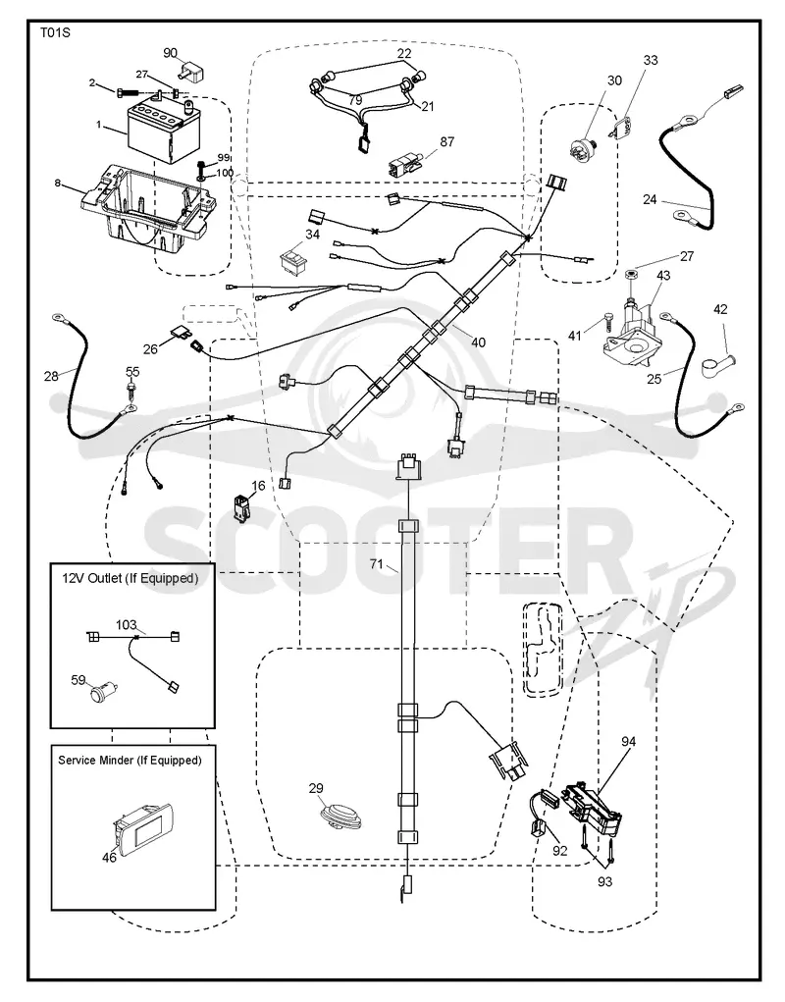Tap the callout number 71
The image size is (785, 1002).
pyautogui.click(x=377, y=564)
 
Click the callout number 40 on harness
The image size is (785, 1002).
pyautogui.click(x=478, y=343)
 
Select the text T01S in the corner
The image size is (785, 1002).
pyautogui.click(x=54, y=32)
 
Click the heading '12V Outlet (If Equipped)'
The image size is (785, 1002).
pyautogui.click(x=131, y=578)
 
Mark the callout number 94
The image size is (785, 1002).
pyautogui.click(x=629, y=741)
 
